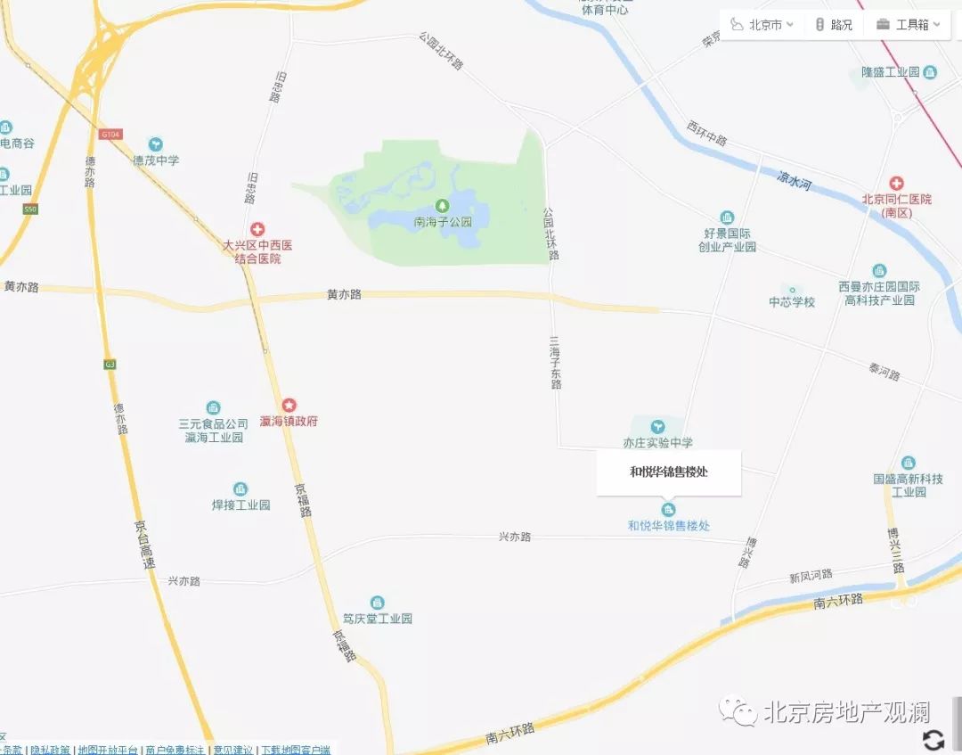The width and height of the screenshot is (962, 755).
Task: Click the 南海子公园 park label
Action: click(443, 222)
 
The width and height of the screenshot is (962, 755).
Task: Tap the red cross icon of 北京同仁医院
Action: click(896, 183)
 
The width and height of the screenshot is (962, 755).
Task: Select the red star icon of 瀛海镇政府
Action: click(289, 405)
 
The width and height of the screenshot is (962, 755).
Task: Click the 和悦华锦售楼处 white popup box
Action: click(669, 472)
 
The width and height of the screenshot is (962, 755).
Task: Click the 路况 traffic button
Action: click(834, 25)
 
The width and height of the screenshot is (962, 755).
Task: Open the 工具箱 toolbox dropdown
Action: click(908, 25)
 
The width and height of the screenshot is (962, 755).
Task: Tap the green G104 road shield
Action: click(110, 134)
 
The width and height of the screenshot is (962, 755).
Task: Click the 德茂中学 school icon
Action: click(156, 144)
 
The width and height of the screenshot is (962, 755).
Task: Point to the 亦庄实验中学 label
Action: click(658, 443)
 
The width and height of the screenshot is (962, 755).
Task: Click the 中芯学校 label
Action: click(792, 302)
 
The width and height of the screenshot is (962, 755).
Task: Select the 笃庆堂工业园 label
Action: click(378, 619)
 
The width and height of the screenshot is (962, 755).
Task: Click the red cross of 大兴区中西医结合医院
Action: click(257, 229)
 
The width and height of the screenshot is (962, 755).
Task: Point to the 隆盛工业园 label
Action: click(890, 71)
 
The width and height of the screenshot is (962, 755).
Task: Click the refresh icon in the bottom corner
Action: click(933, 739)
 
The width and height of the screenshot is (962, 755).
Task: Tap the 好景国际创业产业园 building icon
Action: click(727, 218)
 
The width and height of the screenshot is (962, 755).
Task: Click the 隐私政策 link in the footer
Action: click(50, 750)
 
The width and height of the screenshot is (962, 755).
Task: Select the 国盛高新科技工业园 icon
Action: click(908, 463)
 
